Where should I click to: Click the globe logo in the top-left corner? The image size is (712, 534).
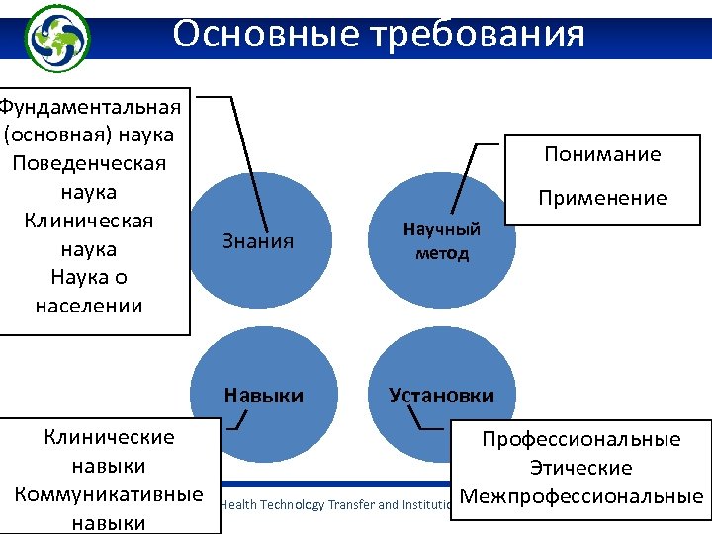[56, 37]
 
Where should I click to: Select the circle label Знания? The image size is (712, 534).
[260, 241]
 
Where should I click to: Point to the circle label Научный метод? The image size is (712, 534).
[441, 241]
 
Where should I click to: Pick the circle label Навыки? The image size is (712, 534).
[264, 396]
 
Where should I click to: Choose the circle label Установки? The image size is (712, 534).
[441, 396]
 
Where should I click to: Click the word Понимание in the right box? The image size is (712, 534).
[602, 154]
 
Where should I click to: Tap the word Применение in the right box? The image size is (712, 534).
[602, 198]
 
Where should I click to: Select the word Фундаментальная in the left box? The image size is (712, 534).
[91, 105]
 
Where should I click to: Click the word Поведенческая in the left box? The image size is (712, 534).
[89, 162]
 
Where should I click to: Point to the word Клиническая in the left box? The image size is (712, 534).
[89, 220]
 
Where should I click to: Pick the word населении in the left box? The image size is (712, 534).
[89, 306]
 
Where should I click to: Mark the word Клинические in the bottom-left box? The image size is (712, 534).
[110, 437]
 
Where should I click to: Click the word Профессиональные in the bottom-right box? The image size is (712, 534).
[581, 439]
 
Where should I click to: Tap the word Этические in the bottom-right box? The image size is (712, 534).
[581, 468]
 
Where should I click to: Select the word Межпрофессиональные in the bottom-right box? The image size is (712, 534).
[581, 495]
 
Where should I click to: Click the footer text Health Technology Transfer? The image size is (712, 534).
[297, 504]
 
